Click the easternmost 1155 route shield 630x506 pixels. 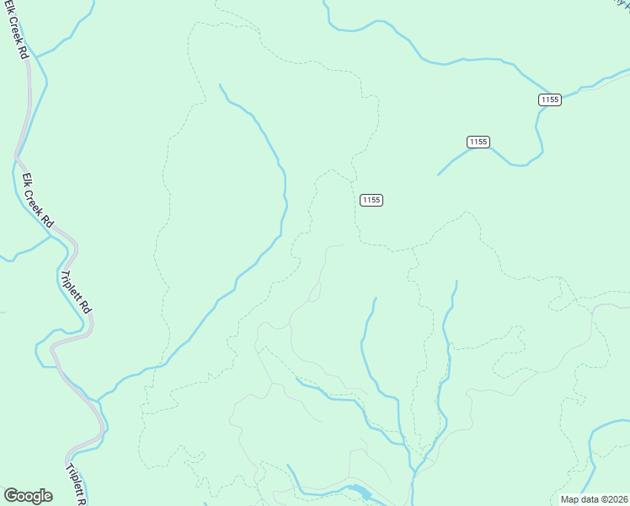click(x=550, y=100)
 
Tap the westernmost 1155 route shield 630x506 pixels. click(x=371, y=200)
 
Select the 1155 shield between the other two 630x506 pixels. click(x=478, y=142)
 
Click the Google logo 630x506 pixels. click(x=28, y=496)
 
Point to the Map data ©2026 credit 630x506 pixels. click(x=594, y=499)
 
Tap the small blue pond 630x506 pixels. click(x=356, y=491)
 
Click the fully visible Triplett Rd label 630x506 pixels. click(x=76, y=292)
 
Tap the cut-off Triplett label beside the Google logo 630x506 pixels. click(x=76, y=483)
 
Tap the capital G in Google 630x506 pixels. click(x=11, y=495)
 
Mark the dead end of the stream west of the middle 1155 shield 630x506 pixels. click(x=438, y=175)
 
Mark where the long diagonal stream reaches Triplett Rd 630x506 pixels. click(x=98, y=400)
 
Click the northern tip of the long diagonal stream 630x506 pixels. click(x=220, y=84)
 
